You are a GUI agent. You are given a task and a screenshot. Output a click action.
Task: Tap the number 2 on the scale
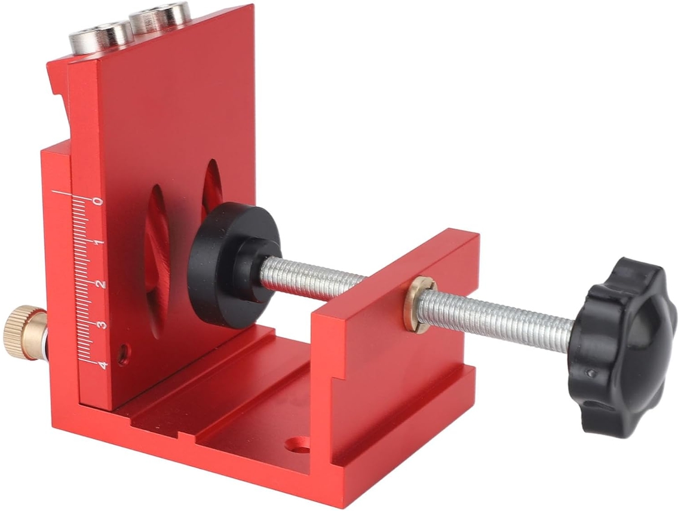100,284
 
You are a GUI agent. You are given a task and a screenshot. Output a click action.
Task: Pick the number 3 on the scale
102,325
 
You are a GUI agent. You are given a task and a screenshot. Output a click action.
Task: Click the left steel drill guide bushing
101,39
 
